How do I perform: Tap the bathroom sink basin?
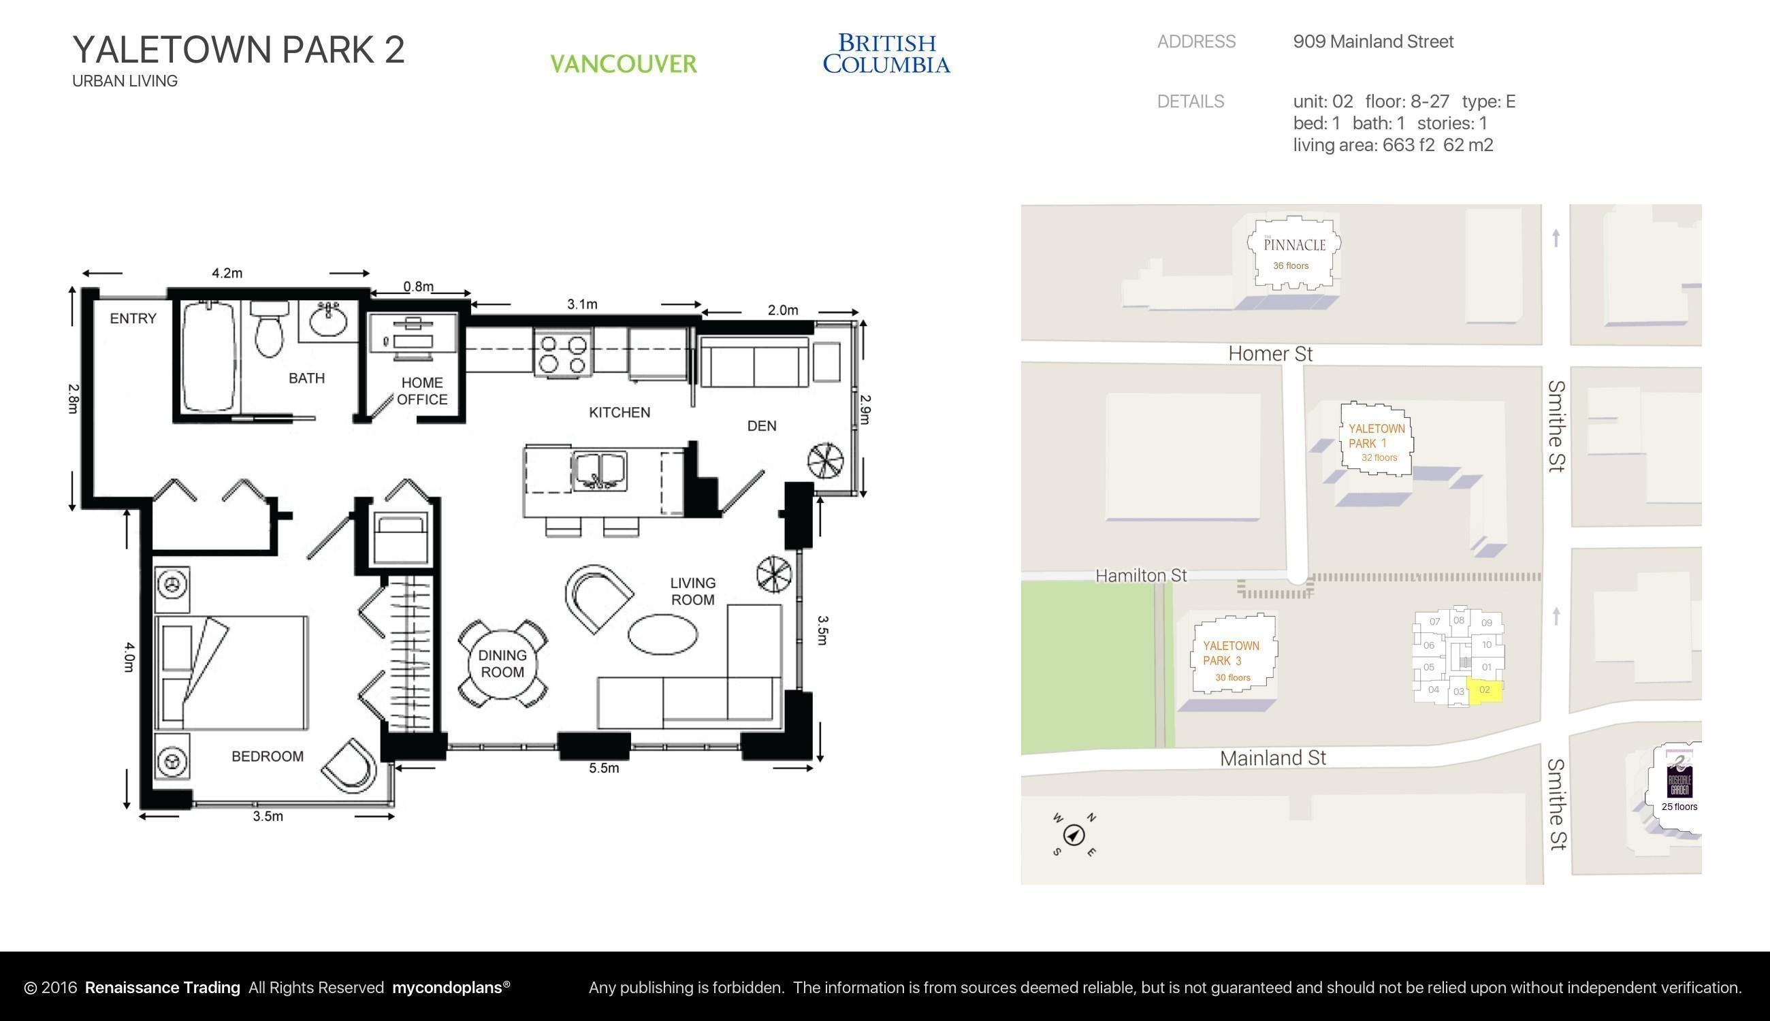[328, 322]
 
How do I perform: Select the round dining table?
[503, 664]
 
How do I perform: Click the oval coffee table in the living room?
[662, 634]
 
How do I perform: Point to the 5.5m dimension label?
[604, 768]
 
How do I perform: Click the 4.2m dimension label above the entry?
[227, 273]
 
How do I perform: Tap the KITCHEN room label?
[619, 412]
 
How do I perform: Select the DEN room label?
[762, 425]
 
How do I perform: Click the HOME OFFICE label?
[422, 391]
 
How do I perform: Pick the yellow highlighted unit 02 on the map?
[1484, 691]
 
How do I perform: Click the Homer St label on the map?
[1270, 354]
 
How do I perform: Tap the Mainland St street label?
[1273, 758]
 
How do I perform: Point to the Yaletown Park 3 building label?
[1232, 653]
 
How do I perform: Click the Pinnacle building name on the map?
[1295, 245]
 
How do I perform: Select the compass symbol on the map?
[1074, 835]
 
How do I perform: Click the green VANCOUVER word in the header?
[624, 65]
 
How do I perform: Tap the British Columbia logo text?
[886, 53]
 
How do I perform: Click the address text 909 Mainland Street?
[1373, 42]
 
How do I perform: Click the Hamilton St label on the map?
[1141, 576]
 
